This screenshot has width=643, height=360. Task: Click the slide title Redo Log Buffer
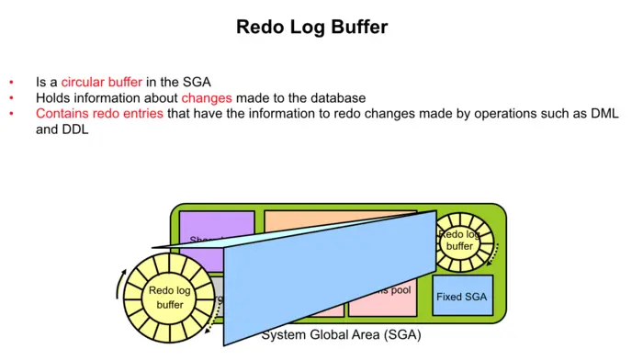(x=311, y=28)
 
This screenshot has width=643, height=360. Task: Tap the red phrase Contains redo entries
(x=99, y=114)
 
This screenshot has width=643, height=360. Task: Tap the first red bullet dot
(x=11, y=82)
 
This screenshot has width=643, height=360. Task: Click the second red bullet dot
(x=11, y=97)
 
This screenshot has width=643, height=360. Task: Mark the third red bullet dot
(x=11, y=114)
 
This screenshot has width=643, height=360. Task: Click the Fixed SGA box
(x=462, y=297)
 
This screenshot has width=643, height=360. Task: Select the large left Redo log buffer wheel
(x=169, y=298)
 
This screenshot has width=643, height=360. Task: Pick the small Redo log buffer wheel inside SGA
(x=459, y=241)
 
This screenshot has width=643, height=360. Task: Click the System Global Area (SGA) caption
(x=340, y=334)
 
